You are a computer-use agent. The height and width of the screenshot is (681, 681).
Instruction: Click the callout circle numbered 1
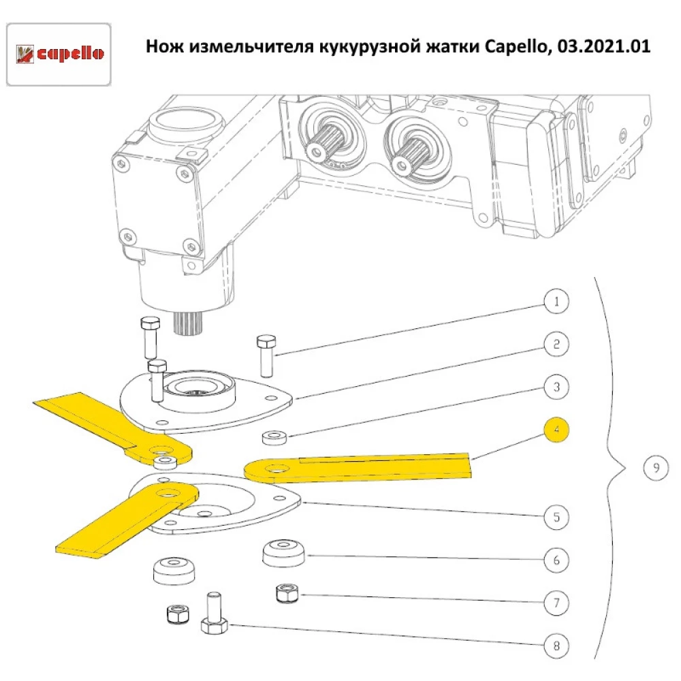556,300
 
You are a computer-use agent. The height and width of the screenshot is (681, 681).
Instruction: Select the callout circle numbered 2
556,344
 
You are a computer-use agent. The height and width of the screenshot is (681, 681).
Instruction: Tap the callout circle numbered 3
556,387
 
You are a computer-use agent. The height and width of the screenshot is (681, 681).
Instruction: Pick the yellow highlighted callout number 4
556,430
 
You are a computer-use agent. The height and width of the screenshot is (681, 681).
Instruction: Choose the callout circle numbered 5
556,517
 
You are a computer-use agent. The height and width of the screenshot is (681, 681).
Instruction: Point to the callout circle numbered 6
556,560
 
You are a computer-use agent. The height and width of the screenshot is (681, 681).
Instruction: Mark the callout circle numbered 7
556,603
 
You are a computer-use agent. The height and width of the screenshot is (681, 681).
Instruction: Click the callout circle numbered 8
556,646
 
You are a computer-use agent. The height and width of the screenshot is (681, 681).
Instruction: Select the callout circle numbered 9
655,468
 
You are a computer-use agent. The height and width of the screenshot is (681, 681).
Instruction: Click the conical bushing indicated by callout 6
284,552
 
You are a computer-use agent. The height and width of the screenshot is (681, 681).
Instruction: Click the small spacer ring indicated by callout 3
274,436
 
